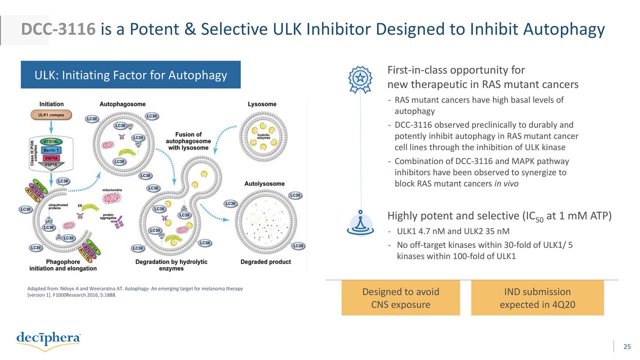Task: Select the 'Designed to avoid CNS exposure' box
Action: coord(400,298)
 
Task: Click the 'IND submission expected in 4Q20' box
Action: coord(537,298)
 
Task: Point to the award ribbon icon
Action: coord(360,78)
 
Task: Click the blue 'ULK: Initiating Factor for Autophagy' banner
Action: coord(130,75)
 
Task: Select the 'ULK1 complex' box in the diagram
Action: coord(50,114)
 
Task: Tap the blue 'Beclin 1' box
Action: coord(51,149)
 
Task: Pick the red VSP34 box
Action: coord(51,157)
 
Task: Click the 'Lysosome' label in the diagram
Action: coord(262,104)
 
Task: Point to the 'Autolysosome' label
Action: coord(264,183)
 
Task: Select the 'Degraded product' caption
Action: coord(265,261)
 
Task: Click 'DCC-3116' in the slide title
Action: coord(58,30)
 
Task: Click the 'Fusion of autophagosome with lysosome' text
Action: coord(188,141)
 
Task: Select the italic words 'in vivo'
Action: coord(506,183)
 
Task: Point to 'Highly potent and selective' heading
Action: coord(453,216)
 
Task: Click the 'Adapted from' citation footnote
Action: coord(134,291)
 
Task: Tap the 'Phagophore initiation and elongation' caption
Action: coord(63,265)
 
